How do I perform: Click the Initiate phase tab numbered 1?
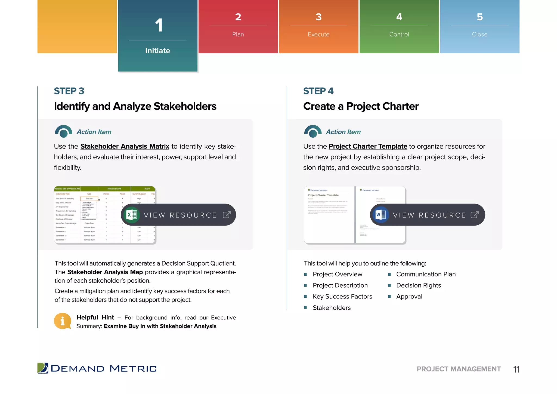158,36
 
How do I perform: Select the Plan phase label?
238,35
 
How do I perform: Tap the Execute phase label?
318,35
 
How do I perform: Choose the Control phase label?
399,35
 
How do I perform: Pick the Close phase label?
479,35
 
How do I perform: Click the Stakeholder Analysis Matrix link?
125,146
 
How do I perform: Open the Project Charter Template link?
368,146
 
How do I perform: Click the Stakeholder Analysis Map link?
105,272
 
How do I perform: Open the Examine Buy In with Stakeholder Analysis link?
160,326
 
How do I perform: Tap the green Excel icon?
132,215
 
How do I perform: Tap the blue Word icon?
380,215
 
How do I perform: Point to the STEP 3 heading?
69,91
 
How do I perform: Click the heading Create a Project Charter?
361,106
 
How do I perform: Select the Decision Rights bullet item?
418,285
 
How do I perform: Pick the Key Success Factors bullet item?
342,297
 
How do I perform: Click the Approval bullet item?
409,297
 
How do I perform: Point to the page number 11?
516,369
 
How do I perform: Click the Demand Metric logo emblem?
43,368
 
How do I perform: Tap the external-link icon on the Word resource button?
475,215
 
